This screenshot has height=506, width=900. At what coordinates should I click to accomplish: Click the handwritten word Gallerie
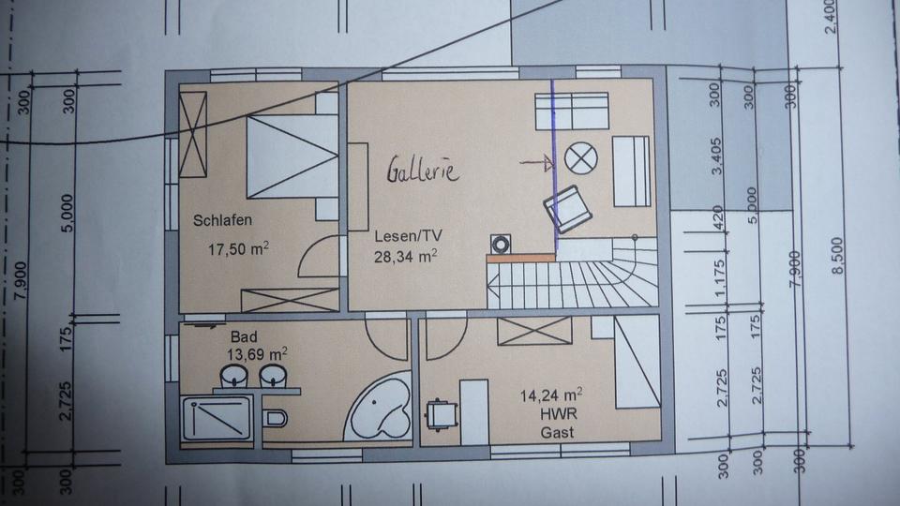pyautogui.click(x=422, y=170)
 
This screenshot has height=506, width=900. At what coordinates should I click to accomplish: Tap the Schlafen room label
pyautogui.click(x=224, y=221)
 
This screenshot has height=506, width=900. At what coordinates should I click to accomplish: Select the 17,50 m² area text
pyautogui.click(x=239, y=250)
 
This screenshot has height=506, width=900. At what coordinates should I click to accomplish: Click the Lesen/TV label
pyautogui.click(x=404, y=235)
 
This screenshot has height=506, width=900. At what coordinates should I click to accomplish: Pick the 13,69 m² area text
pyautogui.click(x=256, y=354)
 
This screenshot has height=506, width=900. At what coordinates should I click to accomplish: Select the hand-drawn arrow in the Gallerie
pyautogui.click(x=537, y=164)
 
